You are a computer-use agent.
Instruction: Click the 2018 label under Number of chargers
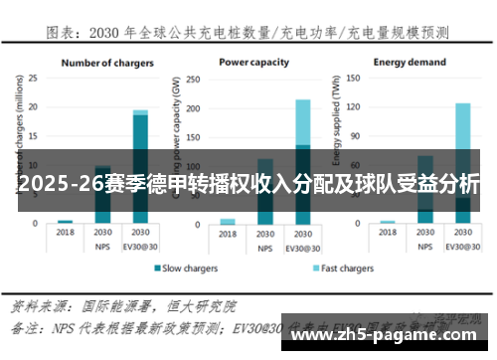coord(66,232)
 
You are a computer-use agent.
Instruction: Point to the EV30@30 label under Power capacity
coord(302,244)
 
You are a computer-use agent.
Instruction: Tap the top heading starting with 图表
coord(248,33)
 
